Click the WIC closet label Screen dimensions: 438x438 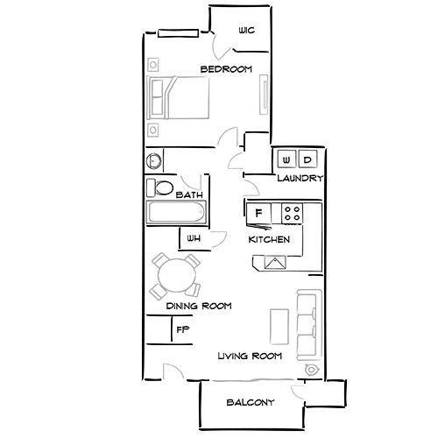coord(246,31)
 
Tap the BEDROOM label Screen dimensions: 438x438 coord(226,69)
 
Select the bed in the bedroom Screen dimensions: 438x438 coord(180,98)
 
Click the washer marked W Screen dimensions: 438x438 coord(286,159)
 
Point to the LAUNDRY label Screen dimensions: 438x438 coord(300,179)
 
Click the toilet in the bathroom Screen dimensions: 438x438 coord(161,187)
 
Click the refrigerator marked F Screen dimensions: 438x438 coord(258,213)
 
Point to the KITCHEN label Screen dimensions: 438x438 coord(269,239)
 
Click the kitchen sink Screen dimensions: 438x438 coord(275,261)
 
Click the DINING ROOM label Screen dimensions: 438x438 coord(198,306)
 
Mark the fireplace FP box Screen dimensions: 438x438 coord(182,329)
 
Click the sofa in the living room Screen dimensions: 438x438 coord(307,324)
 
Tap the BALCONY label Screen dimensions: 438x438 coord(250,403)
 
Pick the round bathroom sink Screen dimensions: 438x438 coord(154,161)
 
